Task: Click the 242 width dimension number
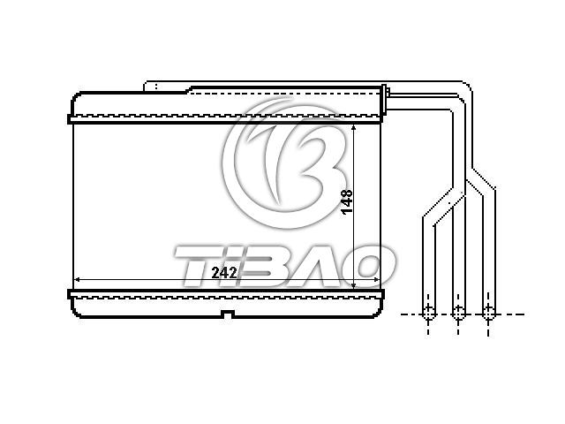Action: coord(224,273)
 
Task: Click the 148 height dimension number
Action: coord(347,202)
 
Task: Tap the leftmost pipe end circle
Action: coord(428,312)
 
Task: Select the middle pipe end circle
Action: coord(458,312)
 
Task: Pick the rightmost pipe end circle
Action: coord(488,312)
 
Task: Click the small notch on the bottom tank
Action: coord(227,314)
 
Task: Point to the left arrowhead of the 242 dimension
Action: coord(77,279)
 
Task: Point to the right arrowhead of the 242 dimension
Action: coord(377,279)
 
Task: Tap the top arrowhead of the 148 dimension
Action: coord(353,128)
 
